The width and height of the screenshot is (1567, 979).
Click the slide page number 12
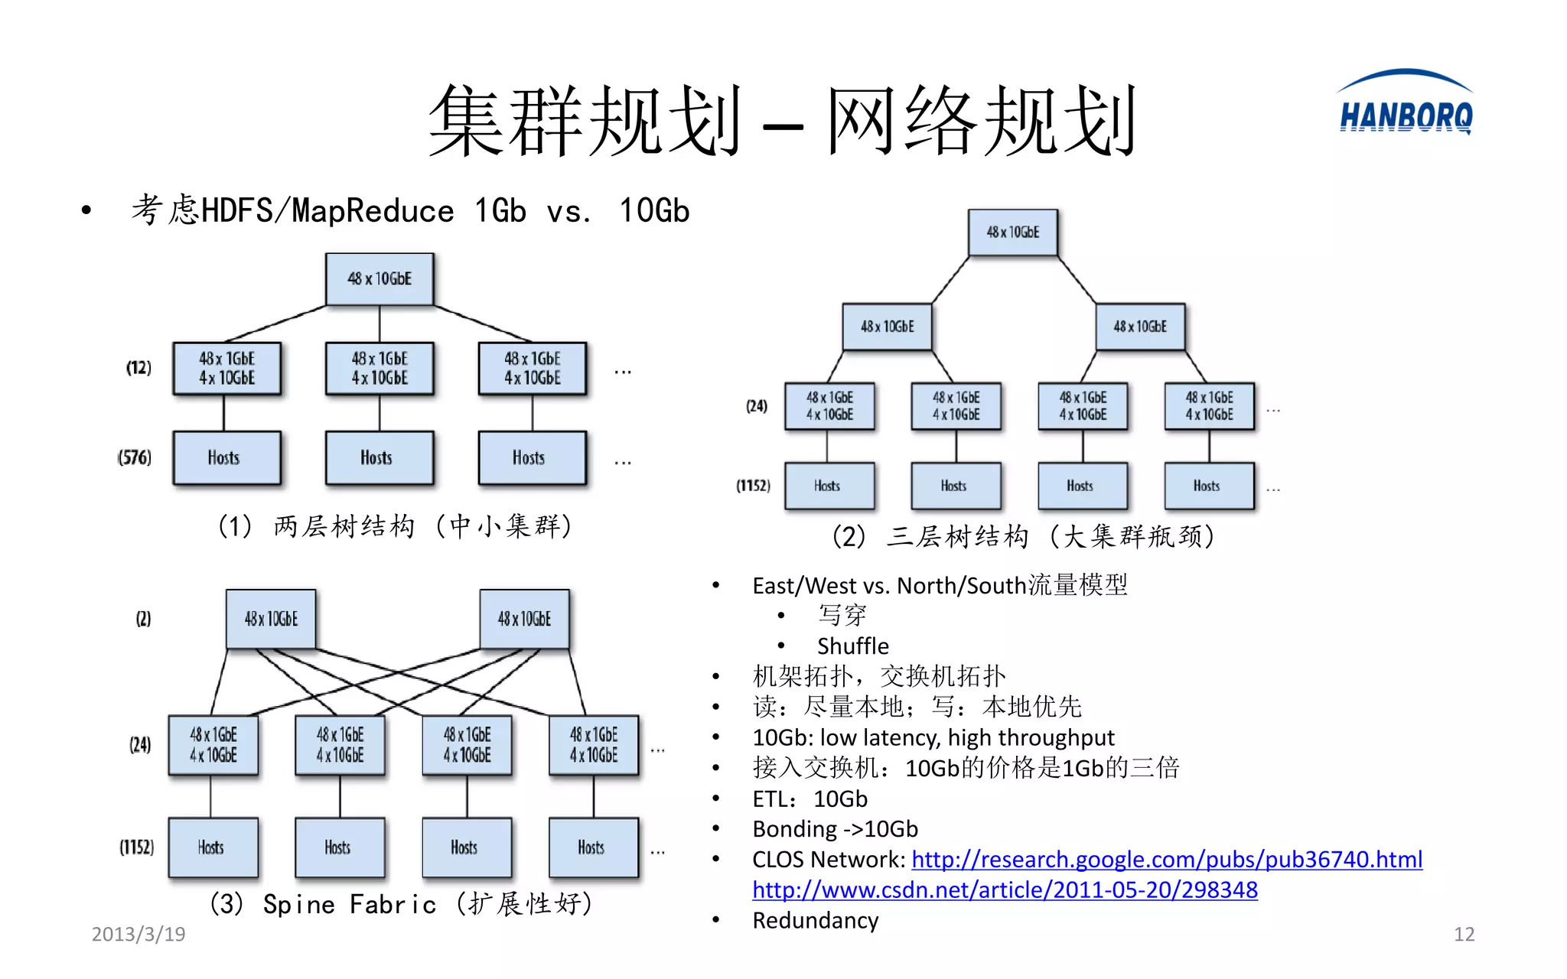coord(1463,934)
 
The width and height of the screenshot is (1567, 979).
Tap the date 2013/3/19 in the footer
coord(138,934)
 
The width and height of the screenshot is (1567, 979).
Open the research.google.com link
coord(1166,860)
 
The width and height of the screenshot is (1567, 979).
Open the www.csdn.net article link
coord(1004,890)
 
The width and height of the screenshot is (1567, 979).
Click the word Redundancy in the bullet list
coord(815,920)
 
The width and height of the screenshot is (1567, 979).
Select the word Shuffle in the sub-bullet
coord(852,646)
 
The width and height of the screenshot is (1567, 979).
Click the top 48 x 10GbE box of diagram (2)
coord(1012,233)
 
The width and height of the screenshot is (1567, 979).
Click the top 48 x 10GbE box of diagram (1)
coord(380,279)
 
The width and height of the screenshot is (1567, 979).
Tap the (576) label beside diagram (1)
coord(135,457)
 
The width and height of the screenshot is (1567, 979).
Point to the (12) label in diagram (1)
coord(138,368)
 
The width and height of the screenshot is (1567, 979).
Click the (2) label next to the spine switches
coord(143,619)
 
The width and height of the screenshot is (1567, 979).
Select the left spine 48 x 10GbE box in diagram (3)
coord(271,619)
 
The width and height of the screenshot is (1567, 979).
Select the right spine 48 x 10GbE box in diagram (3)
coord(524,619)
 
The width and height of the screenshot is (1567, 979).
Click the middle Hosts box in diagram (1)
coord(379,458)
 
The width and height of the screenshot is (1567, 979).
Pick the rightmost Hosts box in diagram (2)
coord(1209,486)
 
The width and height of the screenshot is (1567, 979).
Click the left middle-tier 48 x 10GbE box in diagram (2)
coord(887,327)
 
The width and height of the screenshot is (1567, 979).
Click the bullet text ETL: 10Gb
coord(810,799)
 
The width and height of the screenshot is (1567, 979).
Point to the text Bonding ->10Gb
coord(835,829)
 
